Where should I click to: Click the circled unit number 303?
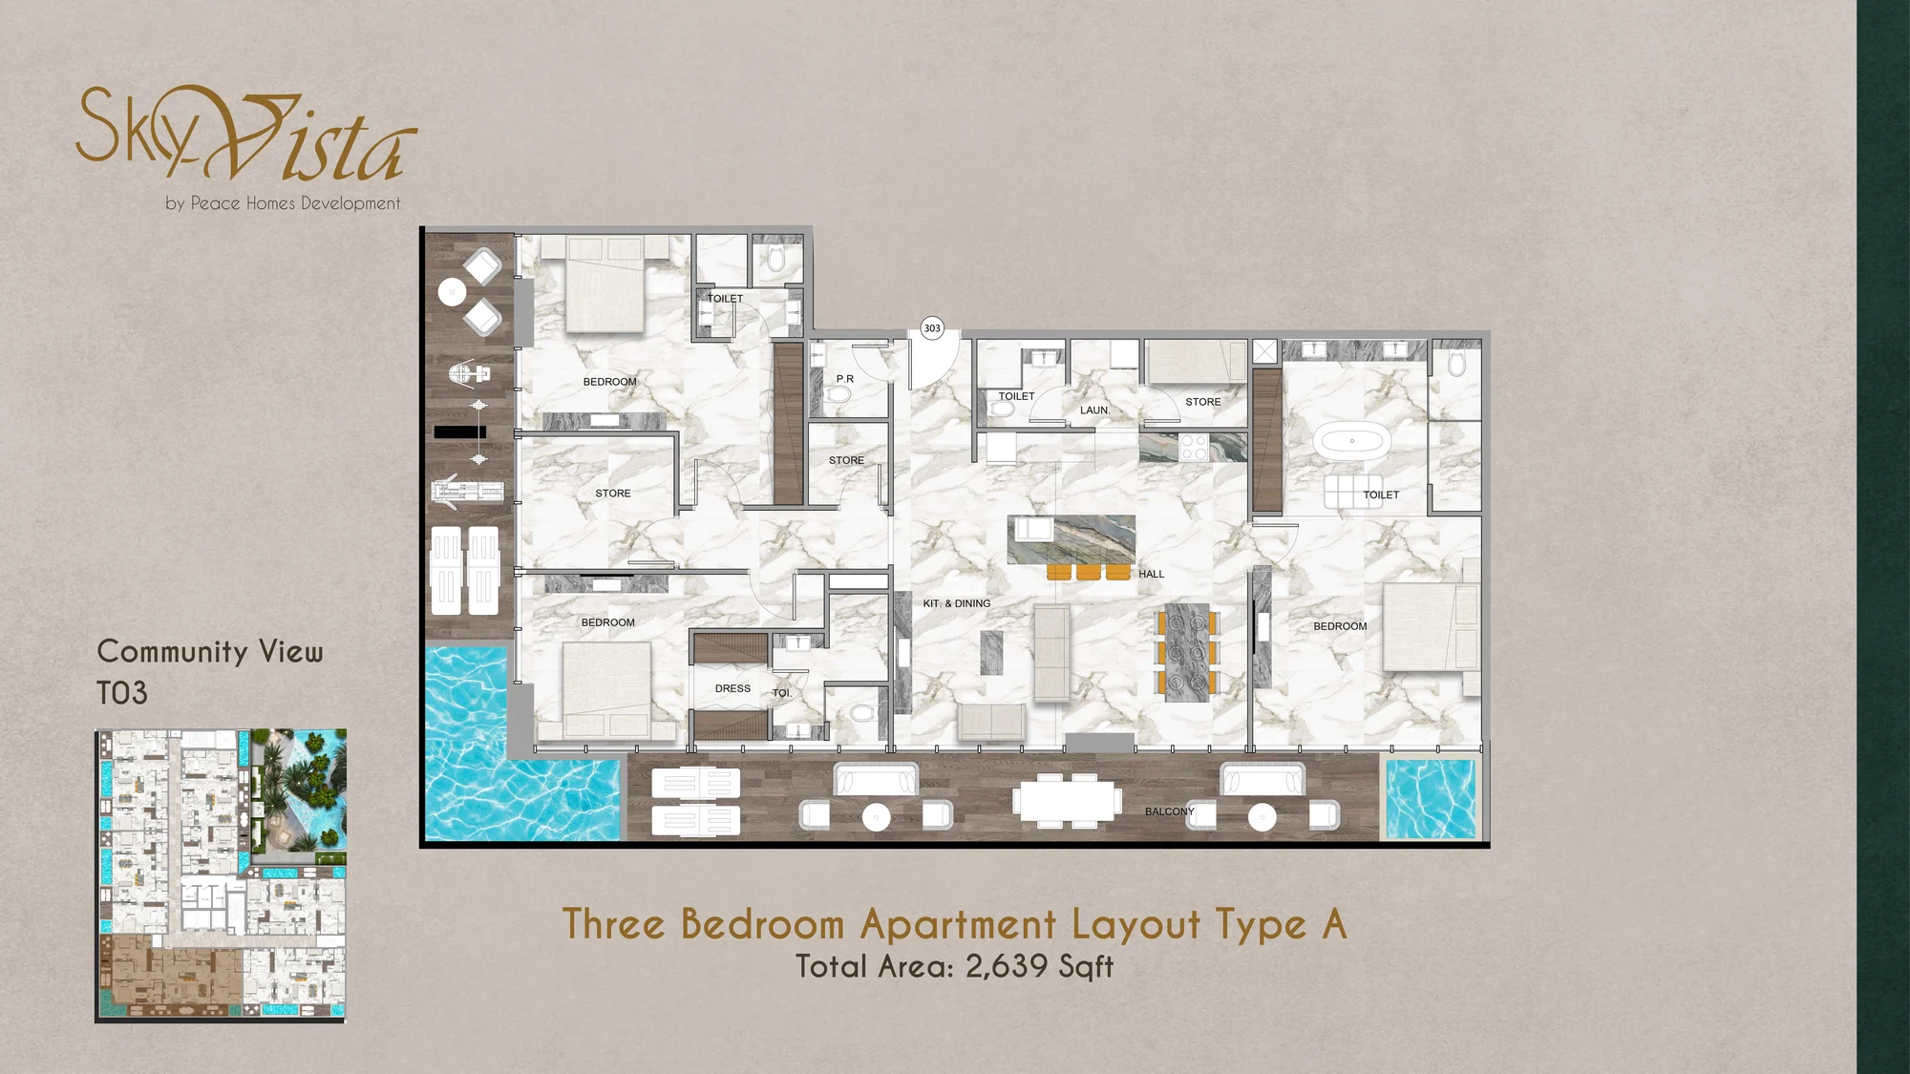tap(932, 328)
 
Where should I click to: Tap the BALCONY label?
tap(1170, 811)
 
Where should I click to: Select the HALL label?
tap(1152, 574)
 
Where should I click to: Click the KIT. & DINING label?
tap(957, 603)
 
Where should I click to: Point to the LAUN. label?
tap(1094, 411)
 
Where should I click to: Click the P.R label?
tap(845, 379)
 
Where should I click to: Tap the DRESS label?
tap(732, 688)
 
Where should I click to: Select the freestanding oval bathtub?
tap(1351, 441)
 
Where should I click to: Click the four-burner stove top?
tap(1194, 448)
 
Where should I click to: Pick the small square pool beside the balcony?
tap(1431, 798)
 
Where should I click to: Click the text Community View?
tap(210, 651)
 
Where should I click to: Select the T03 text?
tap(122, 693)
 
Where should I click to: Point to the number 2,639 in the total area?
tap(1007, 966)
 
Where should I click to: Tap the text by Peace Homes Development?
tap(283, 203)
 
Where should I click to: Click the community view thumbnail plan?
tap(221, 876)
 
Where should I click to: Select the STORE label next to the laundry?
tap(1203, 402)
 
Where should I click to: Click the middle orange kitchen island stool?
tap(1089, 573)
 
